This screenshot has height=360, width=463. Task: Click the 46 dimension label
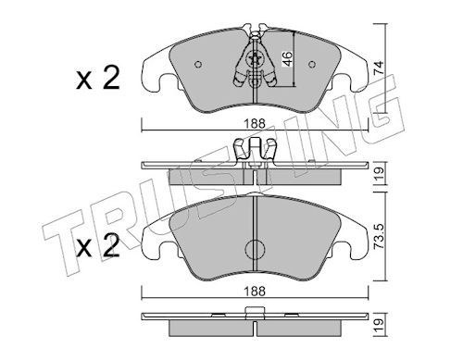(287, 59)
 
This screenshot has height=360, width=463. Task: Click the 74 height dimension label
(379, 68)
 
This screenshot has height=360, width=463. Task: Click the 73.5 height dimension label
(379, 237)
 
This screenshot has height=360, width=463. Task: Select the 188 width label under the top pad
(255, 124)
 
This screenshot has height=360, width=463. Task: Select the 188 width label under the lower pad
(255, 291)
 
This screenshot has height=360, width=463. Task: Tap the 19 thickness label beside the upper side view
(379, 174)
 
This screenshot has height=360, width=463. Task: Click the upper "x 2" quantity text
(98, 79)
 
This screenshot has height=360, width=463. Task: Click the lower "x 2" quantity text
(98, 246)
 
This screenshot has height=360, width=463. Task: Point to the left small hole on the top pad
(198, 64)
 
